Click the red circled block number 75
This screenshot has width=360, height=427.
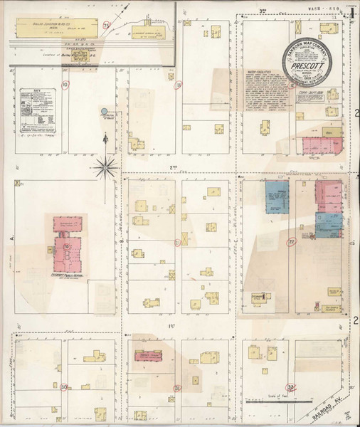tap(107, 26)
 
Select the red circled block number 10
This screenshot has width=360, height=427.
tap(65, 85)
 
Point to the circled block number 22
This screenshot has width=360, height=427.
tap(292, 242)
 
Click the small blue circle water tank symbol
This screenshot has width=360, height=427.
tap(105, 112)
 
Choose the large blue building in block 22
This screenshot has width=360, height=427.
tap(276, 196)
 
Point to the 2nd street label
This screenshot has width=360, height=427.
tap(172, 167)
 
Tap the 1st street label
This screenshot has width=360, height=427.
tap(171, 326)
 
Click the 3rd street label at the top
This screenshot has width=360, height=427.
tap(262, 9)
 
